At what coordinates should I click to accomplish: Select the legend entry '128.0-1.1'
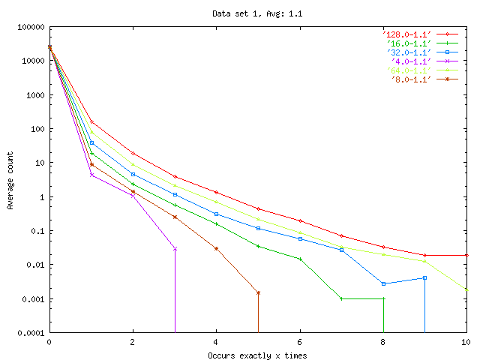pos(406,34)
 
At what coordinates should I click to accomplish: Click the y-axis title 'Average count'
pos(10,180)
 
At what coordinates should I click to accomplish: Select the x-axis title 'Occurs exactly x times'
pos(257,355)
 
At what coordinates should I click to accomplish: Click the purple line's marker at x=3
pos(175,248)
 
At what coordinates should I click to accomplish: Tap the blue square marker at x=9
pos(424,278)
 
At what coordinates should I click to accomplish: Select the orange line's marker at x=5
pos(258,292)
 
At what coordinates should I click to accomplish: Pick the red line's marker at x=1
pos(91,122)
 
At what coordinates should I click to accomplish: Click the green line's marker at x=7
pos(341,298)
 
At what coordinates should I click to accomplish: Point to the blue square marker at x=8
pos(383,283)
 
